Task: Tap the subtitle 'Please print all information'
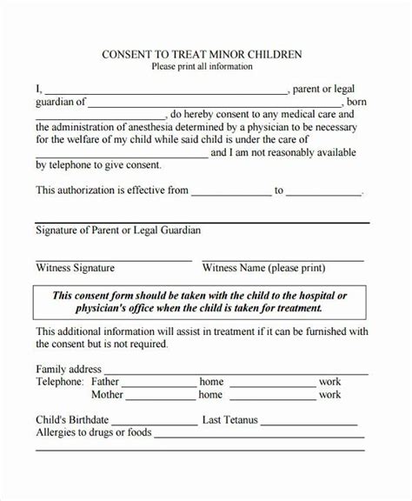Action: pyautogui.click(x=203, y=66)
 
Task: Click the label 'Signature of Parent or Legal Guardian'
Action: pyautogui.click(x=118, y=230)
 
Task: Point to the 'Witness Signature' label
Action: pyautogui.click(x=75, y=268)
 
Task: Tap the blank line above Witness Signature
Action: pyautogui.click(x=113, y=258)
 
